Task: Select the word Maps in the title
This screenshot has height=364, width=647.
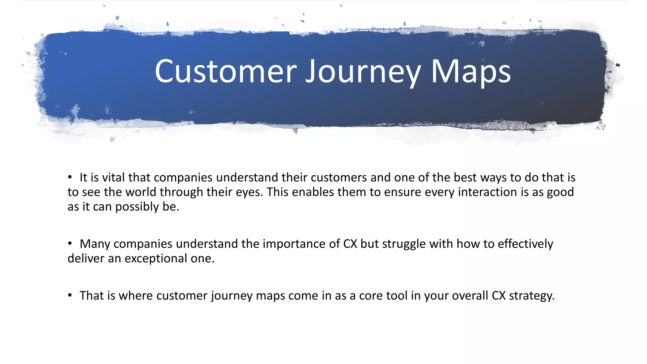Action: pyautogui.click(x=471, y=72)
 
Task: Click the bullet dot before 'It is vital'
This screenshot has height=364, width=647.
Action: pyautogui.click(x=70, y=177)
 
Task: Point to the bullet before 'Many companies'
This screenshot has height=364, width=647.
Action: pyautogui.click(x=70, y=244)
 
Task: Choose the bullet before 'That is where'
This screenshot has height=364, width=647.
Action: pyautogui.click(x=70, y=295)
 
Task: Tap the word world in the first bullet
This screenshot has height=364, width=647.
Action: pyautogui.click(x=141, y=192)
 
